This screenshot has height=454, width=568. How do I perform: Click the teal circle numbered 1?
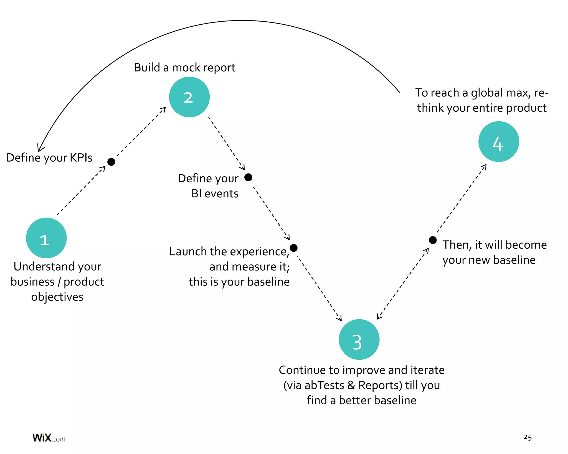46,238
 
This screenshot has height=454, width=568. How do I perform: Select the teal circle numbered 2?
189,97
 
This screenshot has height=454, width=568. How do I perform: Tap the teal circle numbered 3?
359,340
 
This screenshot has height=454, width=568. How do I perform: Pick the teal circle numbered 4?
499,142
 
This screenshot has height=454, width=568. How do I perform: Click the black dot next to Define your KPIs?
111,162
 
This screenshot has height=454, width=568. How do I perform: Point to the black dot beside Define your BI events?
248,177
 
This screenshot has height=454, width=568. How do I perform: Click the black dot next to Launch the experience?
293,248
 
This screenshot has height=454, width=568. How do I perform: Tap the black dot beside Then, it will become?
433,240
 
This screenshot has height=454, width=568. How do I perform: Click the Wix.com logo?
49,438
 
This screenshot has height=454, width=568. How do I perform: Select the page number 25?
528,437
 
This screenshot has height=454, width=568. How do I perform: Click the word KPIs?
81,158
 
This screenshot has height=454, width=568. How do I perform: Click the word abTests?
324,385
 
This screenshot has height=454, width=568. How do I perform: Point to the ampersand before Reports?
351,385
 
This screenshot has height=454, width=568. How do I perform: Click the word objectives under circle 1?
57,297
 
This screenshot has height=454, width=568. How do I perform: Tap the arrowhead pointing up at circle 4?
485,166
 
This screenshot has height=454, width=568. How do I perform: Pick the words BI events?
215,193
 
